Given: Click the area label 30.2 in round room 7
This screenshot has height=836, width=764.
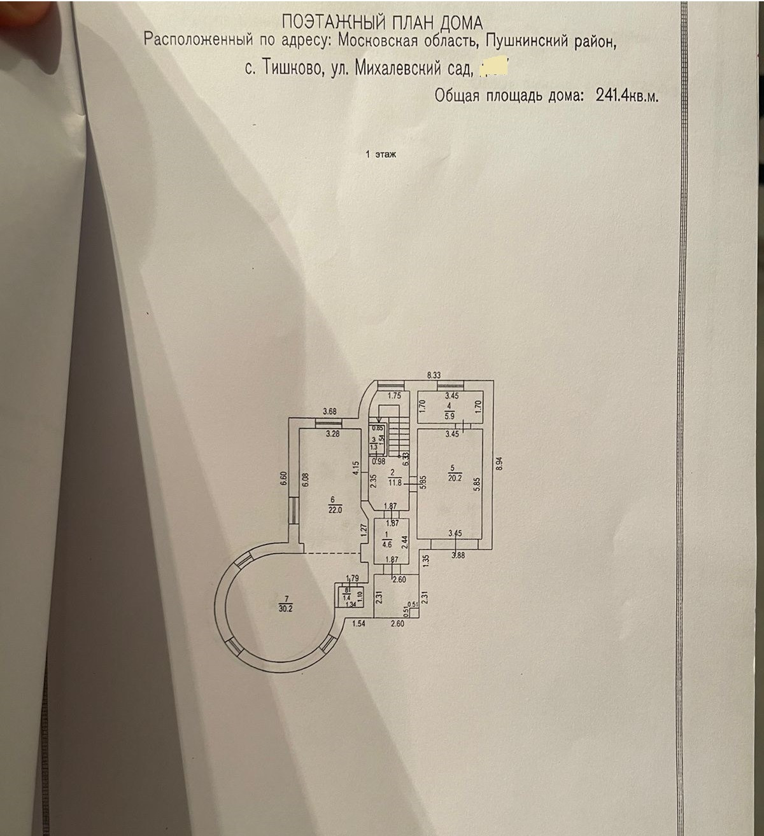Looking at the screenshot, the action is point(286,606).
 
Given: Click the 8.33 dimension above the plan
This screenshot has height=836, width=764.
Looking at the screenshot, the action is point(433,375).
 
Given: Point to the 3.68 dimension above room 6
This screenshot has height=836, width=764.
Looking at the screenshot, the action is point(329,412).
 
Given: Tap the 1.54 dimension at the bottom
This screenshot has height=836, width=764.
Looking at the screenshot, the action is point(359,624).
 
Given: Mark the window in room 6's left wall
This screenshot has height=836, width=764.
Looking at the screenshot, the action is point(293,510).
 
